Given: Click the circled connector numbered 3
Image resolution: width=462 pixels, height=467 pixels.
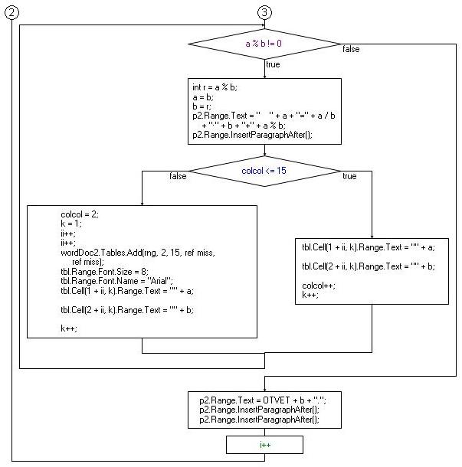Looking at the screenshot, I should pyautogui.click(x=264, y=12).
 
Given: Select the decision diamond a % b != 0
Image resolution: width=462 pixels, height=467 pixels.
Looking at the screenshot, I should pyautogui.click(x=264, y=44).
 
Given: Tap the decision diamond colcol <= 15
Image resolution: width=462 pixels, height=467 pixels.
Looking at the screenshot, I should pyautogui.click(x=264, y=170).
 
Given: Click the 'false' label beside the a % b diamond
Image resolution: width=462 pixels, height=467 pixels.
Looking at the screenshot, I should pyautogui.click(x=351, y=50).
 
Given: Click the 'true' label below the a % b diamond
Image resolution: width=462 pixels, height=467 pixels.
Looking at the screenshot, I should pyautogui.click(x=273, y=65).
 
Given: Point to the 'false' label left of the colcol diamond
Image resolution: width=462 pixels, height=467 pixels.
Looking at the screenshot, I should pyautogui.click(x=178, y=176).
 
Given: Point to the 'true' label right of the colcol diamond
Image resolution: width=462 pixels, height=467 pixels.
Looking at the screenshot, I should pyautogui.click(x=349, y=176).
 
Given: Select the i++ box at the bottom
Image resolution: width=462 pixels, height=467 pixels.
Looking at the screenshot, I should pyautogui.click(x=264, y=444).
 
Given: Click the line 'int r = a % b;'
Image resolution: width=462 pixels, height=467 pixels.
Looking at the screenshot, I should pyautogui.click(x=215, y=87).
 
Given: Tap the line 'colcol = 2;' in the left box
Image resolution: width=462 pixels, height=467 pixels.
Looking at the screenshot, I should pyautogui.click(x=80, y=214).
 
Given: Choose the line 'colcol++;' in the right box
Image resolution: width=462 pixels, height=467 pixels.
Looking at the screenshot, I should pyautogui.click(x=318, y=285).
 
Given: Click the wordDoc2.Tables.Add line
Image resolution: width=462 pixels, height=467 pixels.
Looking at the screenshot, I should pyautogui.click(x=137, y=252).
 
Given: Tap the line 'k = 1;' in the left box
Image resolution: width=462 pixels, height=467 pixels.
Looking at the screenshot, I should pyautogui.click(x=71, y=224).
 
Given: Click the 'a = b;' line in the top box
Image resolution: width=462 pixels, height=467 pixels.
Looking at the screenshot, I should pyautogui.click(x=203, y=97).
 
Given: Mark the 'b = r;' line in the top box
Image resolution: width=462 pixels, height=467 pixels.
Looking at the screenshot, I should pyautogui.click(x=202, y=106).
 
